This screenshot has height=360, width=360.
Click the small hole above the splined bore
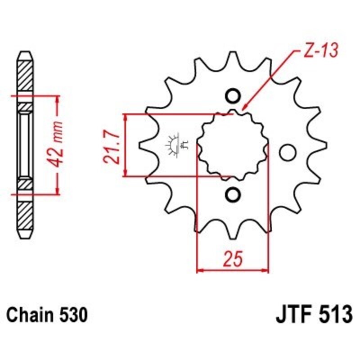click(233, 97)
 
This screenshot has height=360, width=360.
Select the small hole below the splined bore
click(233, 194)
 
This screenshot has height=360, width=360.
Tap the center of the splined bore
click(233, 145)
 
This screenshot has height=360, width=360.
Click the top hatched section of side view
click(26, 74)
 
